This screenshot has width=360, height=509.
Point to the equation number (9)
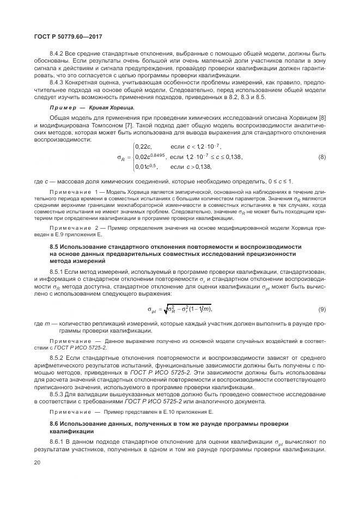[x=321, y=310]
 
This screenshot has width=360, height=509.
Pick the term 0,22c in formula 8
[x=144, y=146]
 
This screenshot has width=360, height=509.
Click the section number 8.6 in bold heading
[x=54, y=421]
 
